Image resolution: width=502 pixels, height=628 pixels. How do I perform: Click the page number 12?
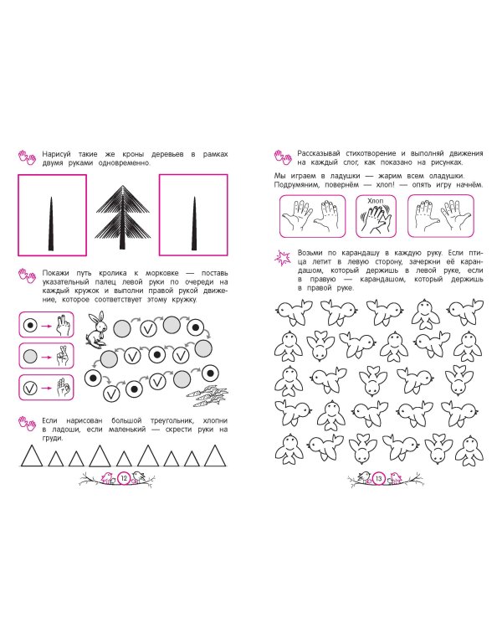[x=124, y=478]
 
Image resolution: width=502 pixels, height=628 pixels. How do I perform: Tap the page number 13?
[x=379, y=478]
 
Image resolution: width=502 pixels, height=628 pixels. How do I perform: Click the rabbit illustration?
[x=96, y=327]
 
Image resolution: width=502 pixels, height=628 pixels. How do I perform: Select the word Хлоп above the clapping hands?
[x=376, y=201]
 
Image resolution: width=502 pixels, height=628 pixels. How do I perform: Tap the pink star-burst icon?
[x=283, y=258]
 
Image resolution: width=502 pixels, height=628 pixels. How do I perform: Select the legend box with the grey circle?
[x=47, y=356]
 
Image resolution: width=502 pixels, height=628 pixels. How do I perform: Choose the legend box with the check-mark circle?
[x=47, y=388]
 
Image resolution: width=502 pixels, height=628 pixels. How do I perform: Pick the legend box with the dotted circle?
[x=47, y=325]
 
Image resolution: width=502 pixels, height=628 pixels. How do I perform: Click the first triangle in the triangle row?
[x=32, y=456]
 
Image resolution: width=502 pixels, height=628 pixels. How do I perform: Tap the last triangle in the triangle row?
[x=215, y=456]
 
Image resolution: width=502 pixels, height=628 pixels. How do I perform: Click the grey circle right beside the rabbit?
[x=122, y=329]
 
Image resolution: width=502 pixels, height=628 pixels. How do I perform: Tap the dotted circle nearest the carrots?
[x=210, y=373]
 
